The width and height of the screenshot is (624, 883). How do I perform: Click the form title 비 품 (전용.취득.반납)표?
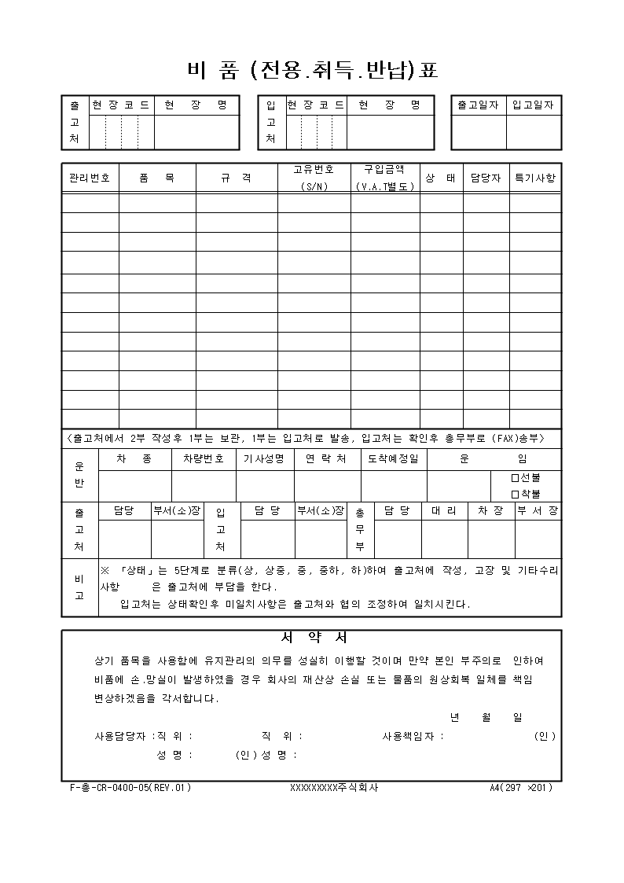[x=312, y=71]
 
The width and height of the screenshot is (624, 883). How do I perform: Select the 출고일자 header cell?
[x=478, y=105]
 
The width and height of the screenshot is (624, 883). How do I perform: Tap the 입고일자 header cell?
[x=533, y=105]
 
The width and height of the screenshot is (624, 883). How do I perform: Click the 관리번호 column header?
[x=90, y=178]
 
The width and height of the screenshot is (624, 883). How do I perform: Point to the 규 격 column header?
[x=236, y=178]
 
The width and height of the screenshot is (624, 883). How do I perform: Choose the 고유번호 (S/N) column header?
[x=314, y=178]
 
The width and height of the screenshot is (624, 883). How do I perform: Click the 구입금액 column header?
[x=384, y=178]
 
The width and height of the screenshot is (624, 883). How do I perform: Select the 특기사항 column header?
[x=534, y=178]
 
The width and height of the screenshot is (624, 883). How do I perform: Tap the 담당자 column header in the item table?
[x=486, y=178]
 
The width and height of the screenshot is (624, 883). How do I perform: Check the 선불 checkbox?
[x=516, y=477]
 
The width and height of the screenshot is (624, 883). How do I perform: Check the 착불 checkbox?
[x=516, y=494]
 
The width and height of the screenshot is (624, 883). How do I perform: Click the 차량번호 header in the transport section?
[x=204, y=458]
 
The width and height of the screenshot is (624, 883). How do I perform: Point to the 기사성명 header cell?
[x=264, y=458]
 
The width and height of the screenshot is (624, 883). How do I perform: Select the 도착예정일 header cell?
[x=394, y=458]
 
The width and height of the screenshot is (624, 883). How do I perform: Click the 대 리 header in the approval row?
[x=444, y=511]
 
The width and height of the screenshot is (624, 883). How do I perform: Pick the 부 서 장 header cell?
[x=538, y=511]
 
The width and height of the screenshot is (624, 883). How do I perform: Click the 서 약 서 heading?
[x=312, y=637]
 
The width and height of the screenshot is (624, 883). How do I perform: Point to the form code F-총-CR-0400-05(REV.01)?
[x=130, y=787]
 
